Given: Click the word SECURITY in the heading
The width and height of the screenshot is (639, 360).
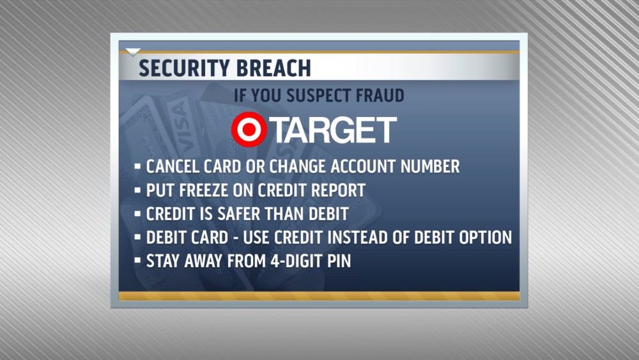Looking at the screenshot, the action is click(x=185, y=68).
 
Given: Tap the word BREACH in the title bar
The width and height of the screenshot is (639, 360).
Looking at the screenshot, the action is click(x=274, y=68).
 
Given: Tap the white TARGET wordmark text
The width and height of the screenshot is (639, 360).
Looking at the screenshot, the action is click(x=334, y=130).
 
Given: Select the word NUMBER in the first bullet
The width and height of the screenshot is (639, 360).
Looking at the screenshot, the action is click(x=430, y=166).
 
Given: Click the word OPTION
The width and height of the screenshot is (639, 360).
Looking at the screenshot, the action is click(x=486, y=237).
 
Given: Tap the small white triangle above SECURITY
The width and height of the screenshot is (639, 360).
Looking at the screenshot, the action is click(x=133, y=52).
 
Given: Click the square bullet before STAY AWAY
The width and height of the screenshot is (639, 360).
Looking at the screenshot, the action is click(x=137, y=260).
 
